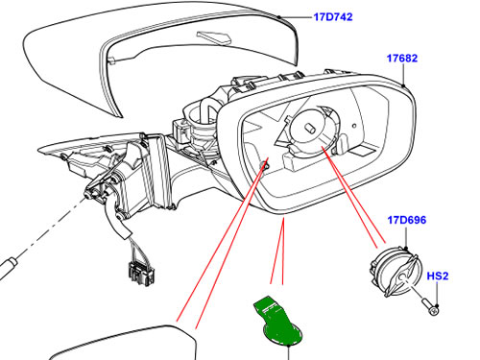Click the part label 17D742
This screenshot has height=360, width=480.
coord(333,16)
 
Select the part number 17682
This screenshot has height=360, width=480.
coord(402,59)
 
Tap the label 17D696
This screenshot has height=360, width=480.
coord(407,220)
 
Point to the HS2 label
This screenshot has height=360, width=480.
coord(438,276)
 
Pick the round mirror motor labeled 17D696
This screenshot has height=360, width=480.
coord(396,272)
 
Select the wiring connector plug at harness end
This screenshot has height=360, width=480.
coord(142,274)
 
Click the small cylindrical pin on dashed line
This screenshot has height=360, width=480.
coord(8,265)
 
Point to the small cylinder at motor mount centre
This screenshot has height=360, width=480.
coord(311,129)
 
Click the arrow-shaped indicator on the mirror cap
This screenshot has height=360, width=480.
coord(215,36)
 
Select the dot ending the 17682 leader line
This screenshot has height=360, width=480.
coord(403,85)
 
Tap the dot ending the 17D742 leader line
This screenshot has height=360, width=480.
coord(279,16)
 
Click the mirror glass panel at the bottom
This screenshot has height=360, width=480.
coord(123,344)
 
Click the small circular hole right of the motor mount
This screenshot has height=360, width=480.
coord(354,126)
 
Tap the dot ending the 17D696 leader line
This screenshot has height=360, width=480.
coord(406,249)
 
